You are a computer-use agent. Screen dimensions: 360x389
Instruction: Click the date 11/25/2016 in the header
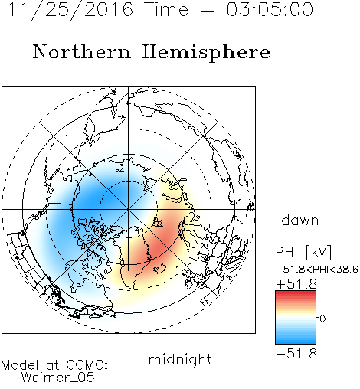point(70,10)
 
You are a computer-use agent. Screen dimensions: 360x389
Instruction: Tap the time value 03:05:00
point(270,9)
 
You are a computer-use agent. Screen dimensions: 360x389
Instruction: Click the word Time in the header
point(166,9)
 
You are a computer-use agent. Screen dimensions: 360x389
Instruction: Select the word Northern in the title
point(81,51)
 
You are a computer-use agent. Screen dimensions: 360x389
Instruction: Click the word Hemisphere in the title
point(206,53)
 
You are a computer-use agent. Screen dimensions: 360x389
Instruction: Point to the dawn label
point(300,220)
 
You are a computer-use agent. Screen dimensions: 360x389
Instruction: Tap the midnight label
point(180,359)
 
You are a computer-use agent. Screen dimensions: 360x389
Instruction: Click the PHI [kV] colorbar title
point(303,252)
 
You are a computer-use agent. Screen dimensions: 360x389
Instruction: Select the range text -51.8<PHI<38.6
point(317,270)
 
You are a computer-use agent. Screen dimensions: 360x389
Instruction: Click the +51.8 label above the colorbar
point(296,284)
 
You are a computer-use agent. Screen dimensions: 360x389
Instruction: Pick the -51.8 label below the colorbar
point(296,354)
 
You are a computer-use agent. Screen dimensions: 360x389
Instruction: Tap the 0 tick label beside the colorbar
point(322,319)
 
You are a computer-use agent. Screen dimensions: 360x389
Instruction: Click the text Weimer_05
point(58,378)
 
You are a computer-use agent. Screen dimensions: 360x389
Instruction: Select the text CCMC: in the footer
point(87,365)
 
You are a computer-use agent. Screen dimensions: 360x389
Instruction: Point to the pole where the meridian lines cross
point(129,209)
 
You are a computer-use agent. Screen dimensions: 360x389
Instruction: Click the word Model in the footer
point(20,365)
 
